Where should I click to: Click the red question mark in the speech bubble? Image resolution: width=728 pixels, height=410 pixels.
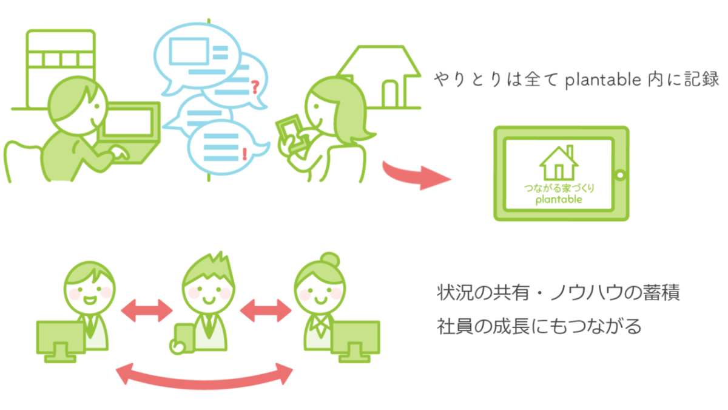pyautogui.click(x=254, y=89)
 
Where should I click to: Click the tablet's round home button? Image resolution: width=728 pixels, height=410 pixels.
pyautogui.click(x=620, y=175)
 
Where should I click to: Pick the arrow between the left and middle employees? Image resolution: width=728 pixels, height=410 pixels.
pyautogui.click(x=147, y=311)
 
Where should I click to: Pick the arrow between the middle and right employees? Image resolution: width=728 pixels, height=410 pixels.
pyautogui.click(x=266, y=311)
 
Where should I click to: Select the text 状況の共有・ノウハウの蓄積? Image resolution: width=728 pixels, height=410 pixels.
pyautogui.click(x=558, y=293)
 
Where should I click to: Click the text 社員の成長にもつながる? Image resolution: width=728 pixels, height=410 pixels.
pyautogui.click(x=539, y=326)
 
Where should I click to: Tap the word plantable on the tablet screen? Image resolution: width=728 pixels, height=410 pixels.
pyautogui.click(x=559, y=199)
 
